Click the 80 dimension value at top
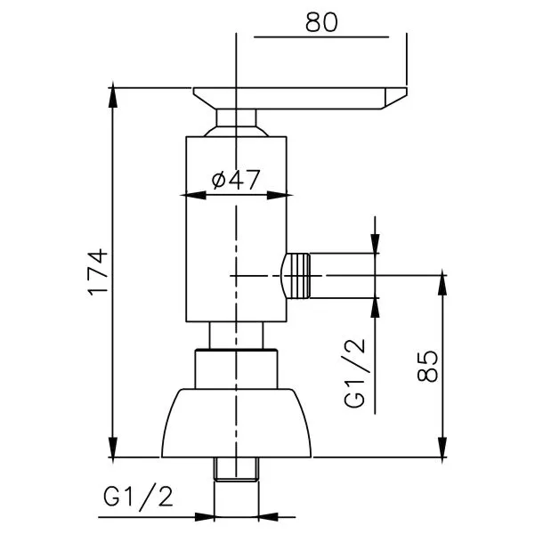click(x=321, y=22)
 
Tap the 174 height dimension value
click(x=98, y=272)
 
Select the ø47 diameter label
click(x=236, y=180)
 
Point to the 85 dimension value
click(x=427, y=366)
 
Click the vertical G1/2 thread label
click(x=354, y=373)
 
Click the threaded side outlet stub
click(x=296, y=276)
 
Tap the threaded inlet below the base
click(x=236, y=469)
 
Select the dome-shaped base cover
click(x=236, y=423)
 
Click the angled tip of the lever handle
click(x=395, y=98)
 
